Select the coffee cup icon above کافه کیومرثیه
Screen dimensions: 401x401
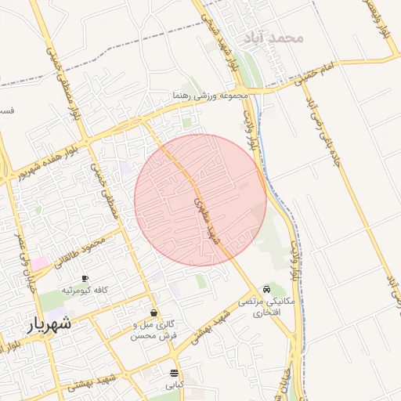(x=85, y=278)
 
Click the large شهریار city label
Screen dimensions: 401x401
(x=49, y=323)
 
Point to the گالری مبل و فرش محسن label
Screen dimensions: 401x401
(x=155, y=330)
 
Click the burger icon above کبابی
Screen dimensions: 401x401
(x=173, y=373)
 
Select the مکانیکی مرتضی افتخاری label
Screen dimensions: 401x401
(x=269, y=306)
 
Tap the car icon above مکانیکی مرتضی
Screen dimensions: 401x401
(x=269, y=289)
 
